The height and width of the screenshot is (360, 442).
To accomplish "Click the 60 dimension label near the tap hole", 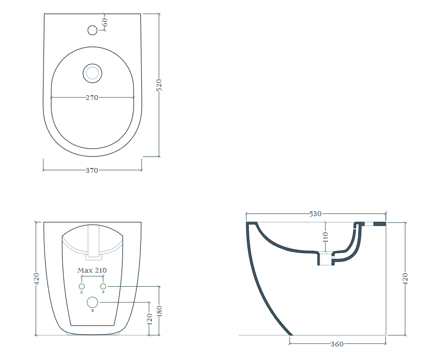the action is (105, 22).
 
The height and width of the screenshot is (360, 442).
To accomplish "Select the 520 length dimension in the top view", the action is (159, 85).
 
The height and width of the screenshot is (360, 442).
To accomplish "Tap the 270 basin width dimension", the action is (92, 98).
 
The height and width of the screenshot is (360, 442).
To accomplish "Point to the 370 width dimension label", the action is (92, 171).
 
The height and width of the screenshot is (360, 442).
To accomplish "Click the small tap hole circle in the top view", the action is (93, 30).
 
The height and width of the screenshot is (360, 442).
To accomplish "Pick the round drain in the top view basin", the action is (93, 73).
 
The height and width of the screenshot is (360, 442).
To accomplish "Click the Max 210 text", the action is (92, 271).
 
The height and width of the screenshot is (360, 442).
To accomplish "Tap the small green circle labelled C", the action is (82, 286).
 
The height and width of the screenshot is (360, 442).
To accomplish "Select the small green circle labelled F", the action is (103, 286).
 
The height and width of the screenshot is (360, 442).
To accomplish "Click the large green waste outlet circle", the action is (93, 302).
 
